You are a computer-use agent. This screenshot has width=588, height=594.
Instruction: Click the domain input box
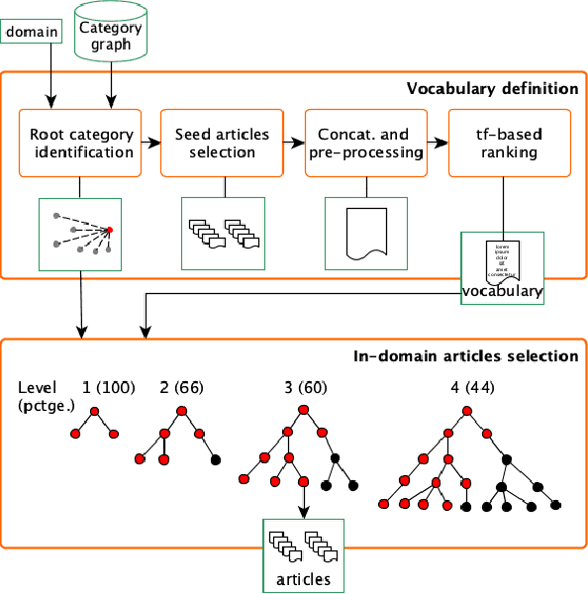coord(33,32)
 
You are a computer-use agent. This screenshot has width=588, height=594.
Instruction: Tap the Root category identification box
coord(81,144)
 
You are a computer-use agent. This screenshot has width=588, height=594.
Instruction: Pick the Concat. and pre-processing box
coord(365,144)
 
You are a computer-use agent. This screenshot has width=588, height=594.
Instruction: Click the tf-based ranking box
coord(508,144)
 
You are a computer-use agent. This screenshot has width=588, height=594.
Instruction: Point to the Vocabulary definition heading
coord(492,89)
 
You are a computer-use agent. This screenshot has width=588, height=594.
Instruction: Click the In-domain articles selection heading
coord(465,356)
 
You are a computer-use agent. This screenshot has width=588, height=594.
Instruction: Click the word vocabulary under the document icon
coord(503,292)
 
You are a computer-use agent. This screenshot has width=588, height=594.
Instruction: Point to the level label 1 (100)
coord(103,386)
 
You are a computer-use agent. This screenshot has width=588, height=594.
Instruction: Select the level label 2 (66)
coord(181,386)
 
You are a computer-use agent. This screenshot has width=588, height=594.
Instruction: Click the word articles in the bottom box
coord(303,577)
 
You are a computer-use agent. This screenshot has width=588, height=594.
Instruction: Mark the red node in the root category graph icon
coord(110,231)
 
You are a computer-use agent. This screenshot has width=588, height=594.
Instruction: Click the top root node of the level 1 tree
coord(95,411)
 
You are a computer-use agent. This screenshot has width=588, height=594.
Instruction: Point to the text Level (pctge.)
coord(40,395)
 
